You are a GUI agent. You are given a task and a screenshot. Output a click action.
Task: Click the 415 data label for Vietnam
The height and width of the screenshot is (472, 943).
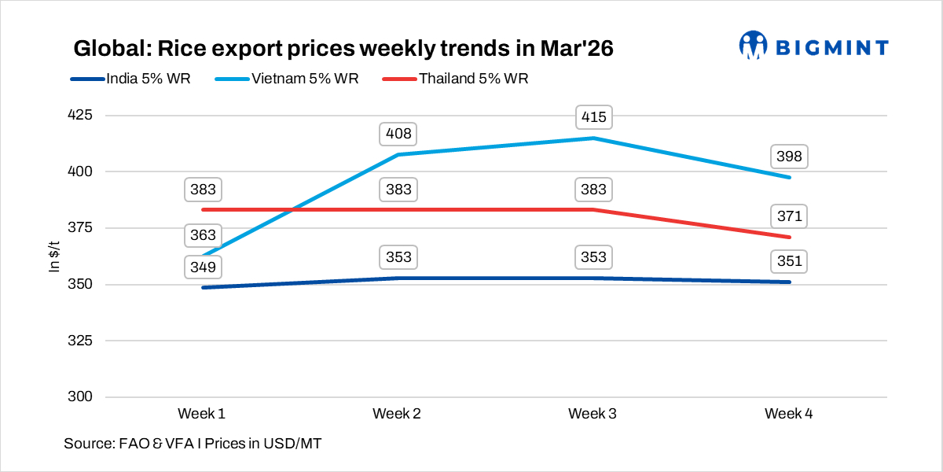tap(593, 117)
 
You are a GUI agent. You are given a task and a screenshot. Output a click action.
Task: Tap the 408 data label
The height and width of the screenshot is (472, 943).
tap(398, 134)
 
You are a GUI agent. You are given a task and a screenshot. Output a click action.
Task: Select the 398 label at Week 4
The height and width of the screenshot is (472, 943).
tap(788, 157)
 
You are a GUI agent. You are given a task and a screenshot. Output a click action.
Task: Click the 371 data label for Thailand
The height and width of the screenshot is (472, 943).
tap(788, 216)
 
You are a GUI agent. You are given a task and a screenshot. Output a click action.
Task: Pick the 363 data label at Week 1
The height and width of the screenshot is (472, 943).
tap(203, 235)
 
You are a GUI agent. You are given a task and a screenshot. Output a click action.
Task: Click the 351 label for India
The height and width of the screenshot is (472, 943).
tap(788, 261)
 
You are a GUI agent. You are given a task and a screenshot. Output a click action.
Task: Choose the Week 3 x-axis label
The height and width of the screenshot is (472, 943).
tap(593, 414)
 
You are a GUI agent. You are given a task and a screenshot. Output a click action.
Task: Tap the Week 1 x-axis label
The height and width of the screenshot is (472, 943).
tap(202, 414)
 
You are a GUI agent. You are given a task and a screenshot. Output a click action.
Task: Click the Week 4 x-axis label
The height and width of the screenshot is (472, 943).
tap(788, 414)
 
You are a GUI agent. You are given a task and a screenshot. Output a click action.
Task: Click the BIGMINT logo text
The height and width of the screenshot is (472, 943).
tap(832, 47)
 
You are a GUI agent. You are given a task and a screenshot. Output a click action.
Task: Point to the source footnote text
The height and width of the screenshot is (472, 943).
tap(193, 444)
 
